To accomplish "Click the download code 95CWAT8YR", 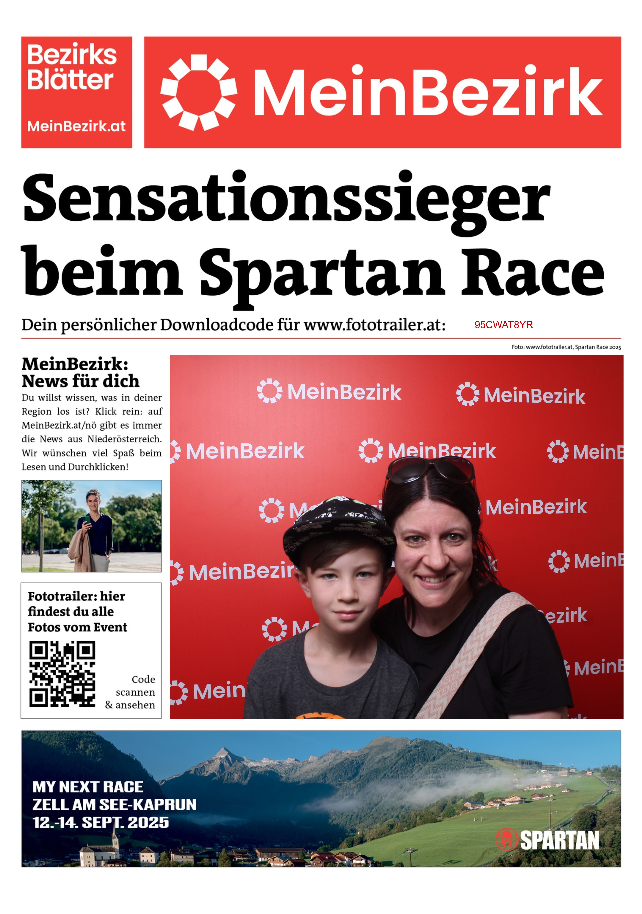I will pos(503,325).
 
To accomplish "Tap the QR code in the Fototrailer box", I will pos(62,674).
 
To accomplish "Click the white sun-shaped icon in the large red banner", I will pos(198,92).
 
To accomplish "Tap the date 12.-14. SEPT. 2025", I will pos(100,822).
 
